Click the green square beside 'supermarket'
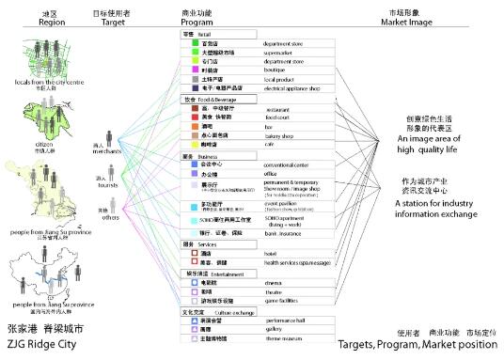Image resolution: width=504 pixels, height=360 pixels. click(193, 52)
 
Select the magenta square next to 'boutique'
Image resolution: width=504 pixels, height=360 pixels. click(193, 70)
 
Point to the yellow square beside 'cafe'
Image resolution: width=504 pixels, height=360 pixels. click(193, 144)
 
